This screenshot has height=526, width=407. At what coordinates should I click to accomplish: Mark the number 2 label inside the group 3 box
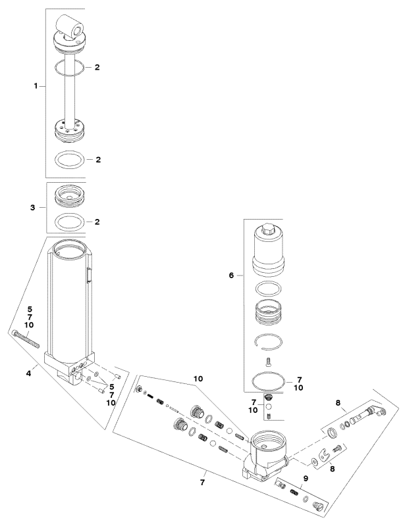(x=97, y=222)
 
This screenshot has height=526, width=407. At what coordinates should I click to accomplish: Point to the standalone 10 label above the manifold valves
(x=198, y=379)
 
